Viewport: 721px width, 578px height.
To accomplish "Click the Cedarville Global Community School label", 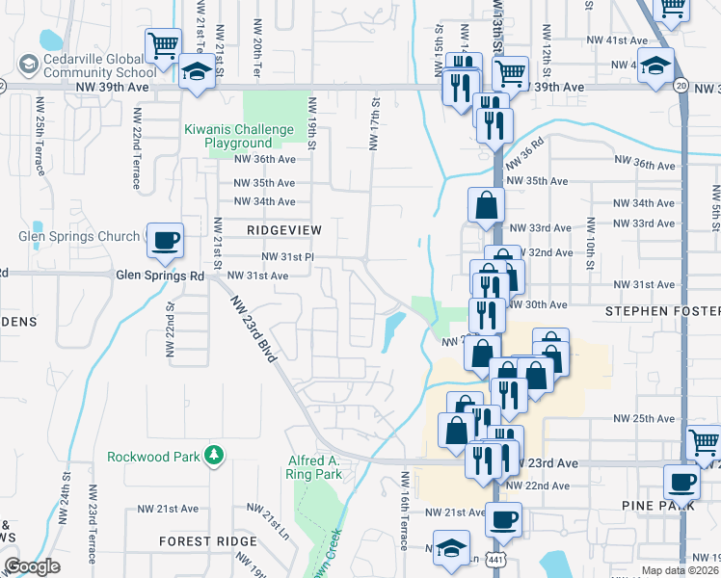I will pyautogui.click(x=93, y=64).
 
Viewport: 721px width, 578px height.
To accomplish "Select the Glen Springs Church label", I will pyautogui.click(x=79, y=236).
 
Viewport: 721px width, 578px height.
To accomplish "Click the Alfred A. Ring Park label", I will pyautogui.click(x=314, y=467).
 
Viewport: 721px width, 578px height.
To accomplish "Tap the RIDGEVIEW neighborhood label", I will pyautogui.click(x=283, y=230).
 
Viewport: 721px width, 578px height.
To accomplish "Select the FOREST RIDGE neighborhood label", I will pyautogui.click(x=208, y=541).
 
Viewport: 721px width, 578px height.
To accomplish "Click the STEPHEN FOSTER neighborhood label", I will pyautogui.click(x=662, y=312).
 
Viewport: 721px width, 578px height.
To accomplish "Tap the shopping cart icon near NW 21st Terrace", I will pyautogui.click(x=164, y=44).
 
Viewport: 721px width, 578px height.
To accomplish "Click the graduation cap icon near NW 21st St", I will pyautogui.click(x=197, y=72).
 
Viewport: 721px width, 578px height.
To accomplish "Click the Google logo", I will pyautogui.click(x=32, y=566).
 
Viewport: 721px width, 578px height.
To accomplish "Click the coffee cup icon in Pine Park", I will pyautogui.click(x=681, y=482).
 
